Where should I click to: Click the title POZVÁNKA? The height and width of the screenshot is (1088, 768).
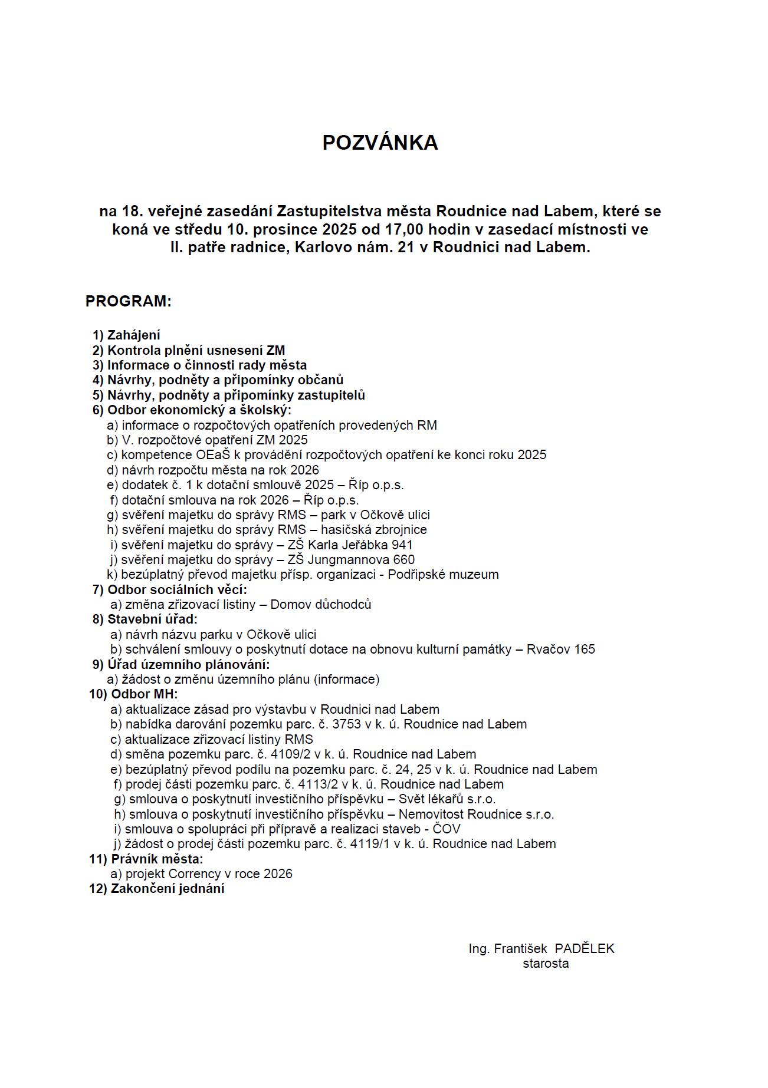click(x=380, y=143)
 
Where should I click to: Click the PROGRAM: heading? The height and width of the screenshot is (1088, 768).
click(x=128, y=301)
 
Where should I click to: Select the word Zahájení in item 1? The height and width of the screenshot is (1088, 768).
click(x=133, y=335)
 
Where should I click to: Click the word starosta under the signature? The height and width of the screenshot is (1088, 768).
click(x=545, y=964)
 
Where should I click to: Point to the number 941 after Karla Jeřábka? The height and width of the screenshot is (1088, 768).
click(x=402, y=545)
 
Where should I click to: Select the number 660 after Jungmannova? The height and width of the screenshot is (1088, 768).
click(x=403, y=559)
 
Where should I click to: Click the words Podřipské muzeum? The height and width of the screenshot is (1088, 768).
click(x=443, y=574)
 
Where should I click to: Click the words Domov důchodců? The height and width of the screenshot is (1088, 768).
click(x=321, y=604)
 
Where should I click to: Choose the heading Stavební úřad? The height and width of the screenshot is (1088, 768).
click(x=152, y=619)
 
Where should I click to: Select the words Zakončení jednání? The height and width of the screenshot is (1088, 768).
click(x=168, y=888)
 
